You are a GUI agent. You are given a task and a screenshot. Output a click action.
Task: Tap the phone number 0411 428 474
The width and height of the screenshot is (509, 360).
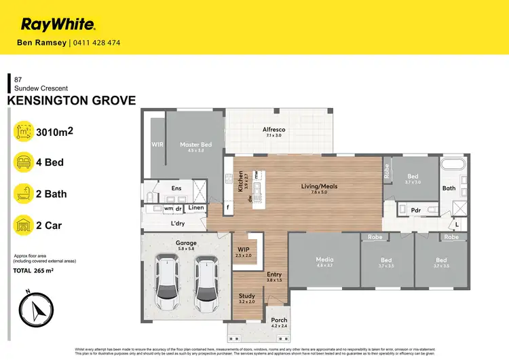[96, 43]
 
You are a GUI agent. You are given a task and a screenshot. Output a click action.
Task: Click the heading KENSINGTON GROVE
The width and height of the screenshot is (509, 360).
[71, 101]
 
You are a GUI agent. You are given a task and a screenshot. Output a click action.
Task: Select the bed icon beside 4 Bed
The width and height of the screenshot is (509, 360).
[24, 162]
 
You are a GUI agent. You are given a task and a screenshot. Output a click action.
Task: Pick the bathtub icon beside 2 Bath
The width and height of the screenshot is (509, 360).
[24, 194]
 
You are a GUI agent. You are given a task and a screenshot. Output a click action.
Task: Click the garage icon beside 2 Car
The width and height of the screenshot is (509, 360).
[24, 225]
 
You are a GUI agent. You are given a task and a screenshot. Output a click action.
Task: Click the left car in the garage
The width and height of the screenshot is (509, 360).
[166, 279]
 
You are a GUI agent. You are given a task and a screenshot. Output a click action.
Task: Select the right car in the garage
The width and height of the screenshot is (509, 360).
[206, 279]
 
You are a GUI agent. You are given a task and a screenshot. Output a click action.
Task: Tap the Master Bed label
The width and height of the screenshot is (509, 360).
[195, 145]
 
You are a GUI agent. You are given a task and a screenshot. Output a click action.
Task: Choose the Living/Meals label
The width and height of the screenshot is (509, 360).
[319, 187]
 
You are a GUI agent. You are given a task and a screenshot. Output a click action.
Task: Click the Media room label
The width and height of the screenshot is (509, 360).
[323, 259]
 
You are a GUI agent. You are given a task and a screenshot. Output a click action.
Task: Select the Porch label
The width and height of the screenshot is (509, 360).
[279, 320]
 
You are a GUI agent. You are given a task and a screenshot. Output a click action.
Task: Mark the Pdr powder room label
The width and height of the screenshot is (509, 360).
[415, 211]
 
